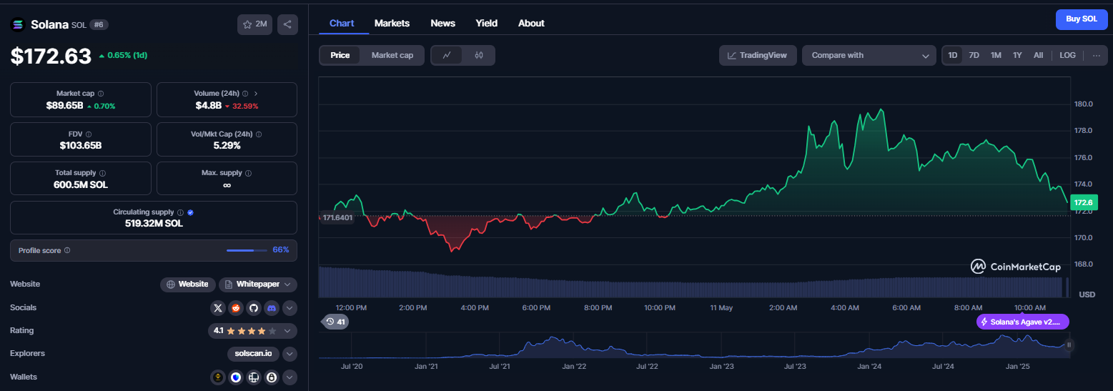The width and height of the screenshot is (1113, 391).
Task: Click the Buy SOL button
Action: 1082,19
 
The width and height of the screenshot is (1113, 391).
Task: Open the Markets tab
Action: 392,24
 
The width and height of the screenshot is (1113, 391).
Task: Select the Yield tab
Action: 486,24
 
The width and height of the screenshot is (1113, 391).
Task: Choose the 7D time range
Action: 974,55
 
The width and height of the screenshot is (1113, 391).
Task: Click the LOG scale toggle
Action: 1067,55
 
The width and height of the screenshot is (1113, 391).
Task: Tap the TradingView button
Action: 758,55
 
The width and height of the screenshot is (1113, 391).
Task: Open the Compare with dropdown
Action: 869,55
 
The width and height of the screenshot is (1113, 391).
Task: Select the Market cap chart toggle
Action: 392,55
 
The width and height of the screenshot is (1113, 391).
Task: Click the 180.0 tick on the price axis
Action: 1083,104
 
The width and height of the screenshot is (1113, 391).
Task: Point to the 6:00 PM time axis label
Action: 536,307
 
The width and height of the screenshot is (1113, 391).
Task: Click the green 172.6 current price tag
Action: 1083,202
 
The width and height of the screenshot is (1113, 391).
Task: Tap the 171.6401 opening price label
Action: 337,217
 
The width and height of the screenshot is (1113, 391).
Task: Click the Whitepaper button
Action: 258,284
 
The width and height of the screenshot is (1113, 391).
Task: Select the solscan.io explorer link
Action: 253,353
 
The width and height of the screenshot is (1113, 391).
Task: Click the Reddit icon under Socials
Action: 235,308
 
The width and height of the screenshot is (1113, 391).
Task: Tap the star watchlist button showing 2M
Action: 254,24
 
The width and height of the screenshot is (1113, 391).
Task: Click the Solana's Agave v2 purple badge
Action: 1022,322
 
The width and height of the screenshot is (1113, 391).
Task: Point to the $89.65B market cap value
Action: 64,105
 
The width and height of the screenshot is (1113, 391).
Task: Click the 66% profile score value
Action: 281,250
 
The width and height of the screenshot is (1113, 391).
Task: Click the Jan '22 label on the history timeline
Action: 574,366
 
